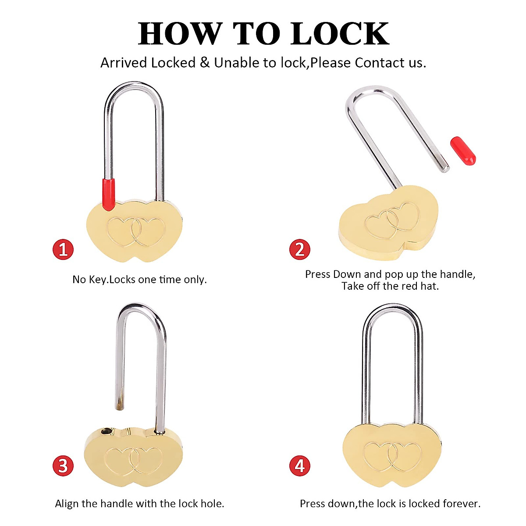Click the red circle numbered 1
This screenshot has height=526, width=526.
(x=63, y=249)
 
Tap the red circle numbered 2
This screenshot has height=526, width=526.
(x=300, y=249)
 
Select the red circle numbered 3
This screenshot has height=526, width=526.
(x=63, y=465)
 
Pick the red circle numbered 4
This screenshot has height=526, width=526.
(x=300, y=465)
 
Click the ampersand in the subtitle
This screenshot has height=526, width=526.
(x=205, y=63)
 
